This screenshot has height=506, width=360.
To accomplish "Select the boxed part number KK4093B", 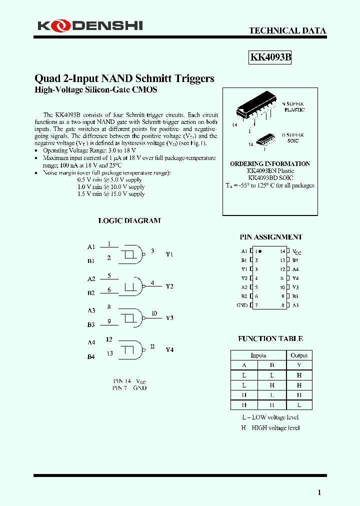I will [x=270, y=57].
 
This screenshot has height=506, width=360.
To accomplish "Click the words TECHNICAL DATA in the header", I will [x=287, y=30].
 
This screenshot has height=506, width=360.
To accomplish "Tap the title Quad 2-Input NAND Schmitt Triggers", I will [x=124, y=78].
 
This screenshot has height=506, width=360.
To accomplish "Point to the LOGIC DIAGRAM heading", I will [x=129, y=220].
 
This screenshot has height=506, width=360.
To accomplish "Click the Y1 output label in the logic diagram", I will [x=169, y=254].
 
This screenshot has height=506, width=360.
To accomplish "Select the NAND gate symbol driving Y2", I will [x=133, y=286].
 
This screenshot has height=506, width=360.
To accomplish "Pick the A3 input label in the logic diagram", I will [x=91, y=310].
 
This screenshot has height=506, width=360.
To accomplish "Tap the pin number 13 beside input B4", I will [x=109, y=353].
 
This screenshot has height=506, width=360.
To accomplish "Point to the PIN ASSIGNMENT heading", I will [x=270, y=237].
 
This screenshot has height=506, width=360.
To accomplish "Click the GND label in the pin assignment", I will [x=242, y=305].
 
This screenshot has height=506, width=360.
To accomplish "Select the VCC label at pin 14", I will [x=297, y=252].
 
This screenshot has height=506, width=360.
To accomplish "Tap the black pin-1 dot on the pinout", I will [x=260, y=251].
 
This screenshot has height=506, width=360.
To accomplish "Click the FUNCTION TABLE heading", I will [x=270, y=338].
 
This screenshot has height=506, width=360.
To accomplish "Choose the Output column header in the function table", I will [x=299, y=355].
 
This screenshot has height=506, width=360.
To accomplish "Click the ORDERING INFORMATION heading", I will [x=270, y=163].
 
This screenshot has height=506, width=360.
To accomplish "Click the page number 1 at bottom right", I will [x=319, y=492].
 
